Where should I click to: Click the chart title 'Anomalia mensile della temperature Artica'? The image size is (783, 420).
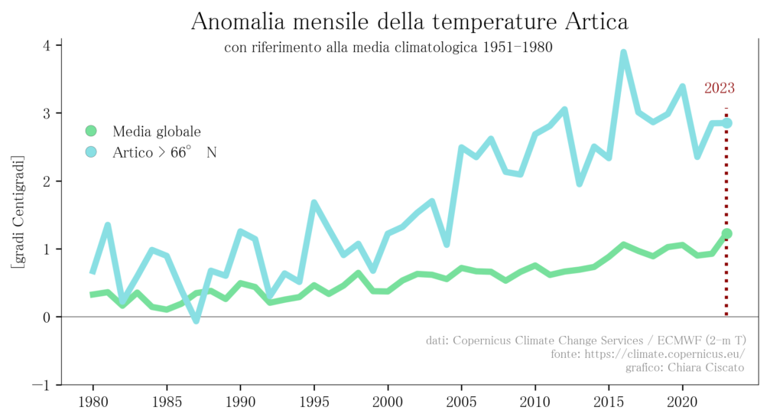click(409, 21)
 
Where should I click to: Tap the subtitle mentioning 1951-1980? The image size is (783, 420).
click(388, 47)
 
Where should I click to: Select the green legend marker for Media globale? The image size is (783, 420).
click(91, 132)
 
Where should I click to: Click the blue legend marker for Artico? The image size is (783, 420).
click(91, 152)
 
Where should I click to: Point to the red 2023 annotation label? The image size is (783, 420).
click(720, 88)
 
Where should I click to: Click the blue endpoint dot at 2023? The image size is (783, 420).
click(726, 123)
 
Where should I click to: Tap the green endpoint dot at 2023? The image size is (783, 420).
click(726, 233)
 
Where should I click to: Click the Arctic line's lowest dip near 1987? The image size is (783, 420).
click(196, 321)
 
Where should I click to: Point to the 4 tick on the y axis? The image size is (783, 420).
click(47, 45)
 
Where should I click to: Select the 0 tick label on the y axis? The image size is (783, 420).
click(47, 317)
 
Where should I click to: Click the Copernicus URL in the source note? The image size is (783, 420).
click(647, 354)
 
